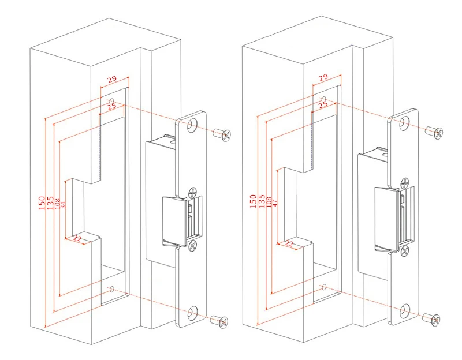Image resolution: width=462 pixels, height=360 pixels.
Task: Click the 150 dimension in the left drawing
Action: click(42, 202)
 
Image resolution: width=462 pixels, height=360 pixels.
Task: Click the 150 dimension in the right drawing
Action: click(253, 200)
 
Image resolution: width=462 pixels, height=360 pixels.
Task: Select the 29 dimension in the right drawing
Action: click(323, 77)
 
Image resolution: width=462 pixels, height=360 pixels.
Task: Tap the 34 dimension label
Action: click(64, 204)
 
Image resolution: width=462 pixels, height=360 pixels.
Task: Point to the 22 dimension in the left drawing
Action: click(78, 239)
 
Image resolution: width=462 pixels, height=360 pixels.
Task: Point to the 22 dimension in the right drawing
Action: click(289, 244)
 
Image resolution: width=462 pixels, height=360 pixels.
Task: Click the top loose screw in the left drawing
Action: click(222, 134)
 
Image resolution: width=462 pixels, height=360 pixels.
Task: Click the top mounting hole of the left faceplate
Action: click(192, 125)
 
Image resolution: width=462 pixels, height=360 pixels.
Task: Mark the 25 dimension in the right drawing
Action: click(323, 104)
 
